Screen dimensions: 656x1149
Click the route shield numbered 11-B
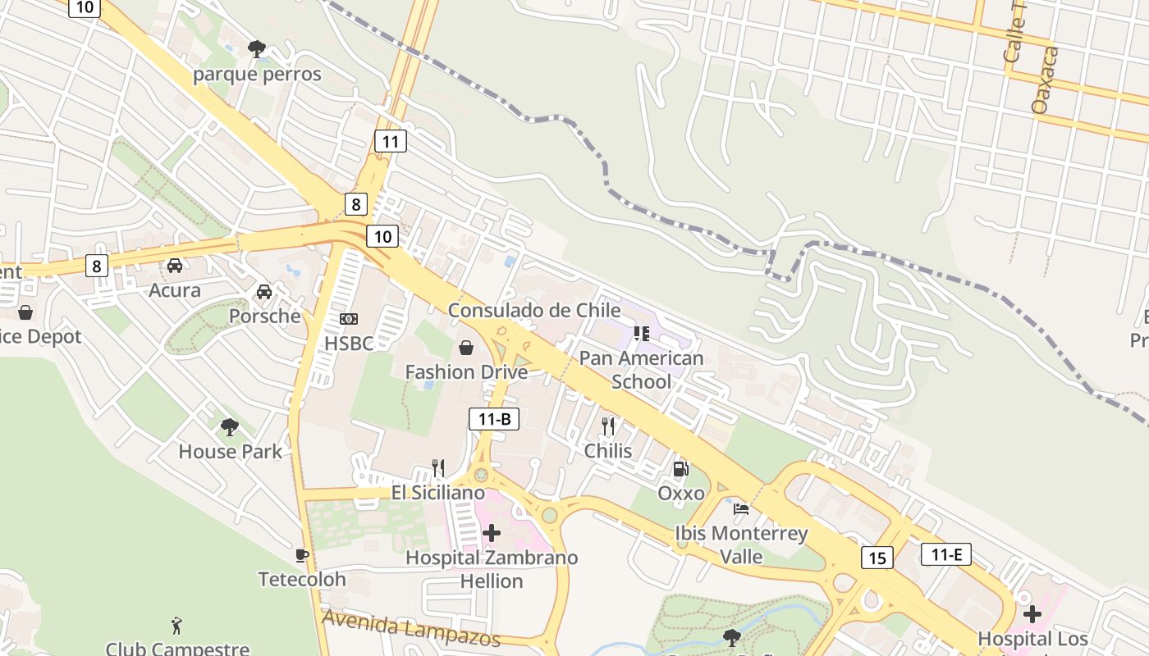[x=494, y=419]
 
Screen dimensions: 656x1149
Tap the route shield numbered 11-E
[x=945, y=554]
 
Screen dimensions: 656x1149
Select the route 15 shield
[x=877, y=558]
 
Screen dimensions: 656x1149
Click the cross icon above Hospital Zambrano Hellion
[x=492, y=533]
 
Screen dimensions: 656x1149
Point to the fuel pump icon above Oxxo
[x=680, y=469]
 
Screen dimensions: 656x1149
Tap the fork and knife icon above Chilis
[x=608, y=426]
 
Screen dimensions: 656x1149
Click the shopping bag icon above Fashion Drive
[x=466, y=348]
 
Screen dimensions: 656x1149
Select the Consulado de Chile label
[x=533, y=310]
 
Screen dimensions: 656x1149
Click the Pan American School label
[x=641, y=370]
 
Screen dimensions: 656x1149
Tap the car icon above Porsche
[x=264, y=292]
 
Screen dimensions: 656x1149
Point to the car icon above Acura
[x=175, y=266]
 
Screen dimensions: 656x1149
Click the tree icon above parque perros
[x=257, y=49]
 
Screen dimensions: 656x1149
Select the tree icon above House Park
[x=230, y=426]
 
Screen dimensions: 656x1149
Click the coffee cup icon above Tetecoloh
[x=302, y=555]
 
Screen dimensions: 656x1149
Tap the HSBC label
[x=348, y=343]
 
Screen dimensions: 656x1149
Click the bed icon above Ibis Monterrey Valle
[x=741, y=508]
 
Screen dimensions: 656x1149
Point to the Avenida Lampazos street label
[x=410, y=627]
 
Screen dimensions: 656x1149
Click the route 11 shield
[x=390, y=141]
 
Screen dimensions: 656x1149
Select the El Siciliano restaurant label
[x=437, y=493]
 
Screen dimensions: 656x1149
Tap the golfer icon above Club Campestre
[x=176, y=626]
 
